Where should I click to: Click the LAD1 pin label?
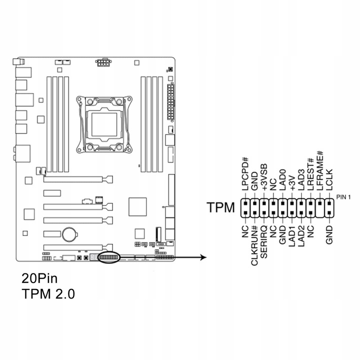(292, 237)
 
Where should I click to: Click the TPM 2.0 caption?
(48, 294)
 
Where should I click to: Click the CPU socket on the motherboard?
(103, 123)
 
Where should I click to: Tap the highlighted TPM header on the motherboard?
(108, 257)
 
